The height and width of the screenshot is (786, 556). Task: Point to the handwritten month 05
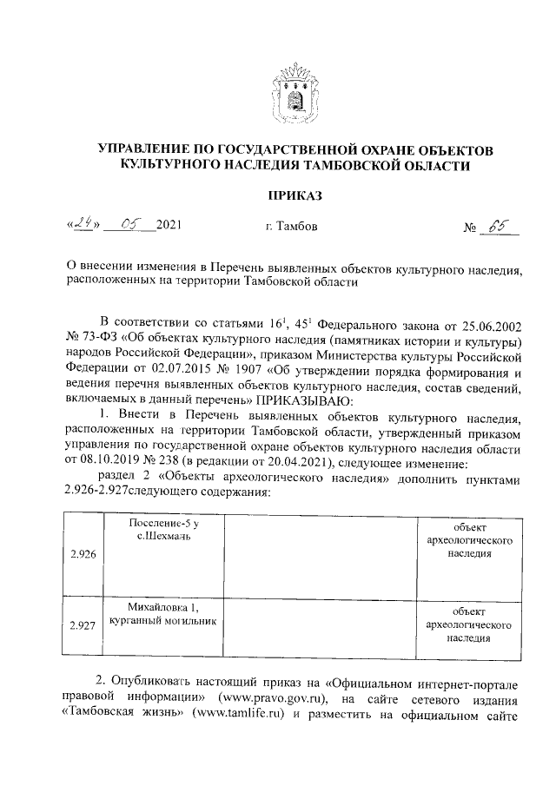[x=131, y=226]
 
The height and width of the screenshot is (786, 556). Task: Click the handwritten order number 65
[x=500, y=227]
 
